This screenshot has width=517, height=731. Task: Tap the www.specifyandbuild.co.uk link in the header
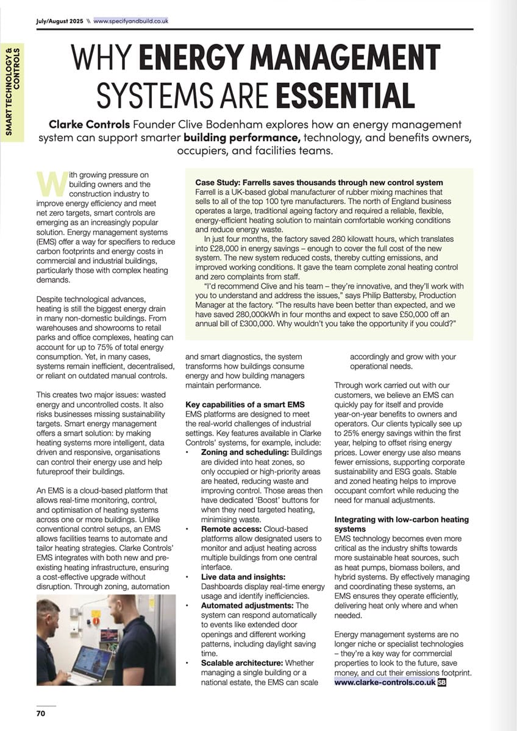tap(131, 21)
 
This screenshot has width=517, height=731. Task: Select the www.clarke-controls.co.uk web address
tap(385, 682)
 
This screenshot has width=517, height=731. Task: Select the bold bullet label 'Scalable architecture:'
tap(241, 662)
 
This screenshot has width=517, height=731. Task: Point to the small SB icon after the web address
tap(442, 682)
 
